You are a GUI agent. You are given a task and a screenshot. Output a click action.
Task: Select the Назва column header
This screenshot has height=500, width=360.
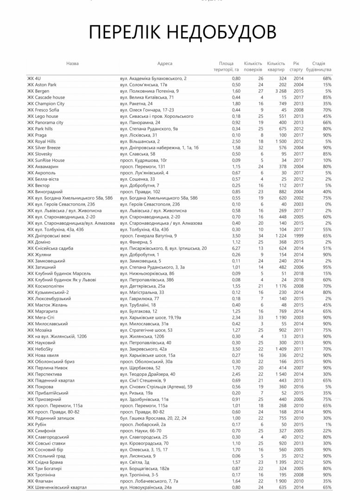pos(72,63)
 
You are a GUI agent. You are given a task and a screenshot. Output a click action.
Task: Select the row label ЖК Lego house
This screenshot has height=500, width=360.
pos(43,116)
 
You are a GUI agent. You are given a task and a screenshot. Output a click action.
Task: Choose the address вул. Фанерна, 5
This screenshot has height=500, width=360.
pos(136,242)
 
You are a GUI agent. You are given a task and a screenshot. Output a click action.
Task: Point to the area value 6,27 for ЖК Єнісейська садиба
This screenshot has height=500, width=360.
pos(236,248)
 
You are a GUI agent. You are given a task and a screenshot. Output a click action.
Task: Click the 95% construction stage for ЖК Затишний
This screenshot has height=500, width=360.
pos(327,267)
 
